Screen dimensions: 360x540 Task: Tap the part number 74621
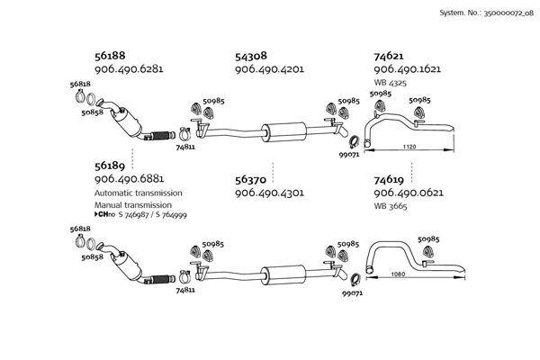[x=389, y=55]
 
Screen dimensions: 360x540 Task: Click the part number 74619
[x=389, y=179]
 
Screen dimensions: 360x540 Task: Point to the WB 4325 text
[x=390, y=83]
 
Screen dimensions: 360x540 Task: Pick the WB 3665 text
[x=390, y=207]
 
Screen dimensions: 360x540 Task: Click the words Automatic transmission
[x=138, y=193]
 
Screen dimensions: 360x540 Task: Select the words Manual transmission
[x=131, y=205]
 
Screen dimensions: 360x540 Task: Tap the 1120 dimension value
[x=409, y=145]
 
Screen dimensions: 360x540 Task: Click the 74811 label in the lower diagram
[x=185, y=290]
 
